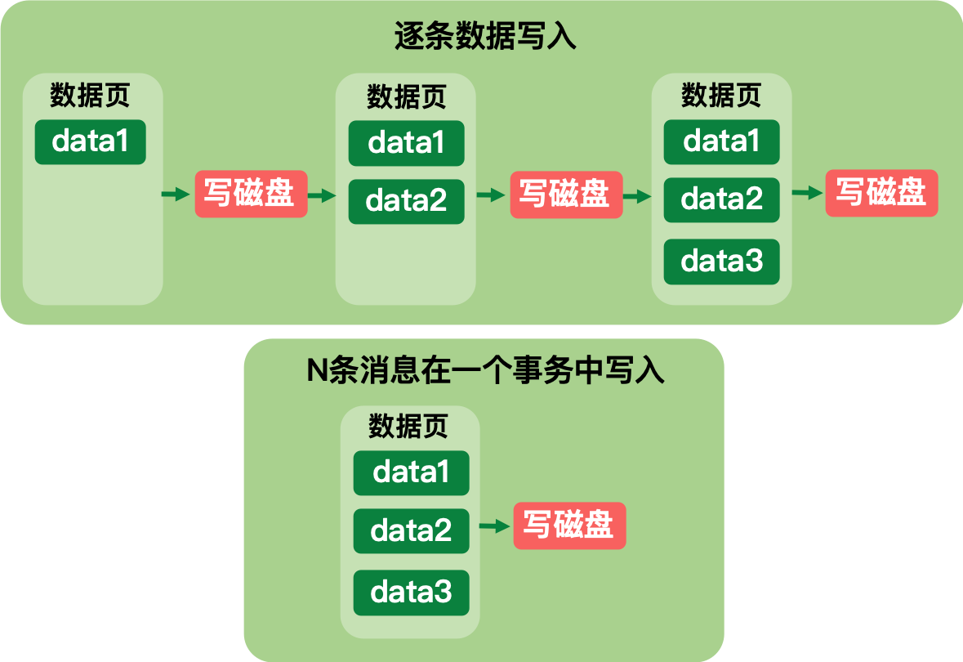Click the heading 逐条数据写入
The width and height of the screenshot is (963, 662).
coord(485,36)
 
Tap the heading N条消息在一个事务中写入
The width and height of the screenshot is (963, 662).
coord(485,370)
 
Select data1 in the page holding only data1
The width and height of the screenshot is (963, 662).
coord(91,142)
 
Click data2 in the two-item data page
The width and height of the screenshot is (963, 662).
coord(406,202)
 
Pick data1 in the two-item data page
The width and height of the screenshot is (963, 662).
coord(406,143)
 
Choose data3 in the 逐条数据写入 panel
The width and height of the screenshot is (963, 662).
coord(721,262)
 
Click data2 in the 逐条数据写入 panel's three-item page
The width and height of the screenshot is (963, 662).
coord(721,199)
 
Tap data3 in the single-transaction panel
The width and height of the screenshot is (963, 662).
coord(411,593)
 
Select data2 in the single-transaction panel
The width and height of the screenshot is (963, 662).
coord(411,531)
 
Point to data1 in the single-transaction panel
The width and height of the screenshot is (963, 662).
coord(411,473)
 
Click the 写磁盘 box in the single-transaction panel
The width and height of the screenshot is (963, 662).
coord(569,526)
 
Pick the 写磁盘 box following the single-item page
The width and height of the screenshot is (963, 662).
coord(252,195)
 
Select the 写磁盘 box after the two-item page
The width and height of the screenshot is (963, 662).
coord(566,195)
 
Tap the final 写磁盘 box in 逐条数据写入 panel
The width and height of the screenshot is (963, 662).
coord(881,193)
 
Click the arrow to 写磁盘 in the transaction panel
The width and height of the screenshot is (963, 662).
coord(494,526)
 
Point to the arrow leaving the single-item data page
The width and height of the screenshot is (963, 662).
coord(176,195)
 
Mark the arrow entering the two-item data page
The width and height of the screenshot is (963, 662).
coord(322,195)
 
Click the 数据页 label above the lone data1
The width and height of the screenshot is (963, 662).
coord(90,96)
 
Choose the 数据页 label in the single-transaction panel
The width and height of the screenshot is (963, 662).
coord(408,426)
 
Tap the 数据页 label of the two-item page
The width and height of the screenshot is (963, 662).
coord(406,96)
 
